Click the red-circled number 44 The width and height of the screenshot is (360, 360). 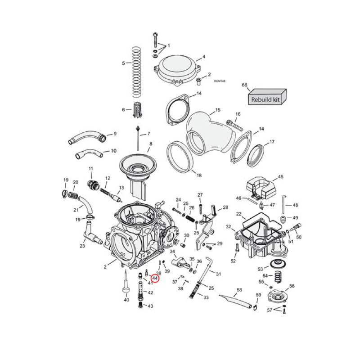[x=155, y=279]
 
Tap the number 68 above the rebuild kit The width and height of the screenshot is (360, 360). [x=245, y=85]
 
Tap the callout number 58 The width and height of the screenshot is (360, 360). [x=239, y=290]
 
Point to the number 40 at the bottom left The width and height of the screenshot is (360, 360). [x=126, y=300]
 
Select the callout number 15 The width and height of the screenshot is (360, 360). [x=218, y=110]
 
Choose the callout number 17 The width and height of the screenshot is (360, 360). [x=271, y=142]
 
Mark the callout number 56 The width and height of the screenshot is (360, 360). [x=292, y=286]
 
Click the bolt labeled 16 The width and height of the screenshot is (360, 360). [x=232, y=122]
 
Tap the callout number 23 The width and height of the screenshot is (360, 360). [x=82, y=246]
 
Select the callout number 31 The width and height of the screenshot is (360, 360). [x=219, y=274]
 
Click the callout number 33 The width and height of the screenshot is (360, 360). [x=206, y=297]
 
